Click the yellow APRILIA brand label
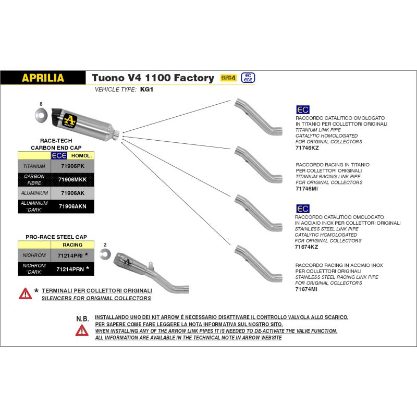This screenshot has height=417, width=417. [43, 78]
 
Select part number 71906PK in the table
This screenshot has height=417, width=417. [72, 166]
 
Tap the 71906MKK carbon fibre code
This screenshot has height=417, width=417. [72, 179]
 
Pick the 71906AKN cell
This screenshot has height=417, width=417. [72, 206]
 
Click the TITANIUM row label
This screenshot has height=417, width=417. [34, 166]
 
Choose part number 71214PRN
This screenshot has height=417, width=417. [70, 269]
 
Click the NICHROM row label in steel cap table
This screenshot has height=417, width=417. [34, 256]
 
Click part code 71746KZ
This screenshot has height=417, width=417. [306, 148]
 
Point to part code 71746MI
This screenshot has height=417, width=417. [306, 189]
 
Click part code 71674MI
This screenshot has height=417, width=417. [306, 289]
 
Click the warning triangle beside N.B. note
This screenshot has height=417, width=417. [82, 329]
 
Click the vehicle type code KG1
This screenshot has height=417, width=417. [146, 90]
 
